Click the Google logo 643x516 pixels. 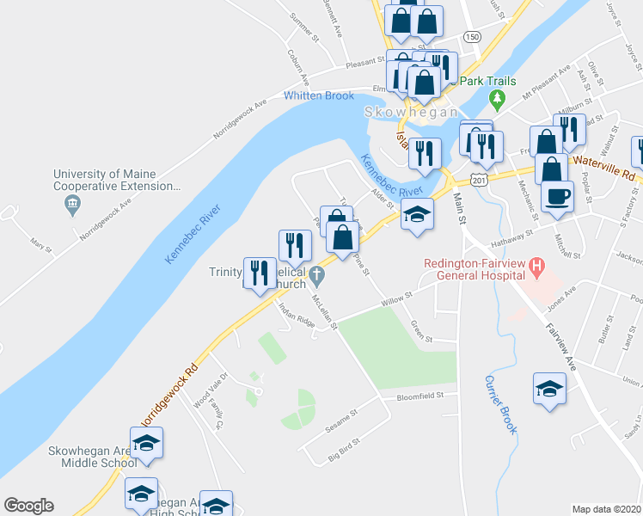(x=28, y=506)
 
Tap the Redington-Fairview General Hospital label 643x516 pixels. (x=474, y=269)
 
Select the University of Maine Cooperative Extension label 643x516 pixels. (x=117, y=180)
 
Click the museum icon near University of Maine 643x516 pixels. (x=72, y=204)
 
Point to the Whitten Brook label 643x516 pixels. (x=319, y=95)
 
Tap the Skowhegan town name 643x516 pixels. (x=411, y=113)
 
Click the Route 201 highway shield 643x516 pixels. (x=480, y=180)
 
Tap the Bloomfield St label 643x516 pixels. (x=420, y=396)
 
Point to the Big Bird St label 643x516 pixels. (x=344, y=454)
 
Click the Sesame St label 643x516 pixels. (x=339, y=426)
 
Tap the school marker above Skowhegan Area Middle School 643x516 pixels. (x=146, y=443)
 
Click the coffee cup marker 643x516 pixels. (x=556, y=197)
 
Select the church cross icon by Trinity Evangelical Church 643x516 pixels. (x=317, y=276)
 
